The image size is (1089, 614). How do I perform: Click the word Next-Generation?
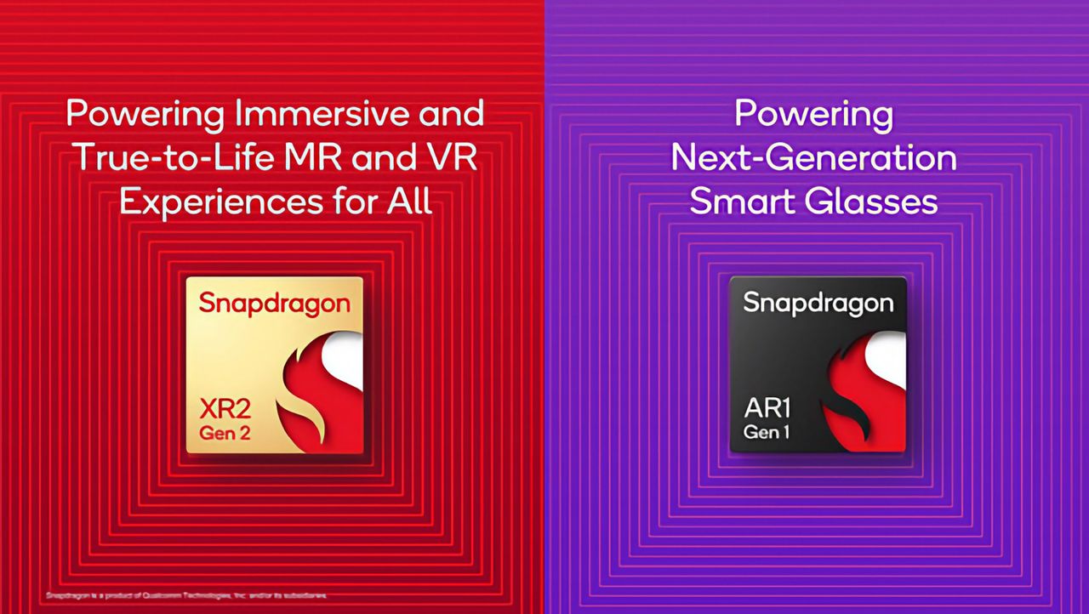click(813, 157)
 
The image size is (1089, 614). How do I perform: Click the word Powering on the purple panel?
click(813, 114)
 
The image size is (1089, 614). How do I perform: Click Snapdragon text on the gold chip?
click(274, 304)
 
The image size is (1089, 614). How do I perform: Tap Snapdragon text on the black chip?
click(818, 303)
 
